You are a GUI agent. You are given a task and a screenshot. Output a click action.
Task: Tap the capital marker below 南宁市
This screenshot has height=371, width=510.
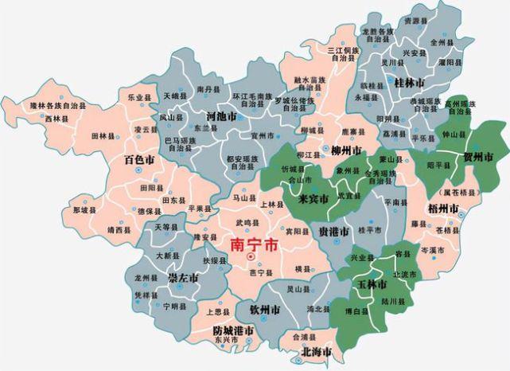tap(251, 257)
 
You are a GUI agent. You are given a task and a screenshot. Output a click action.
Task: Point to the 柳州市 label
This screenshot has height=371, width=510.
tap(347, 150)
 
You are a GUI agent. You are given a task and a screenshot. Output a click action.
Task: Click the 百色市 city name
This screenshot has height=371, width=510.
tap(139, 160)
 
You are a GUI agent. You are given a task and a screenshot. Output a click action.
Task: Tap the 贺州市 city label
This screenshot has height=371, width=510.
tap(478, 155)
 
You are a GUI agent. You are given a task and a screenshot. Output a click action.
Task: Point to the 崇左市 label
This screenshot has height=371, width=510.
tap(183, 278)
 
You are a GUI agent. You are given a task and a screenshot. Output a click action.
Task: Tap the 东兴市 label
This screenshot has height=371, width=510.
tap(228, 341)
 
